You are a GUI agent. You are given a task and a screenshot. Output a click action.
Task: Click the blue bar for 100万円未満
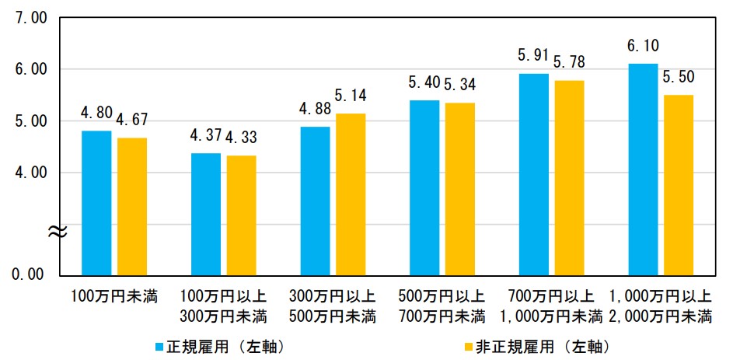tap(96, 202)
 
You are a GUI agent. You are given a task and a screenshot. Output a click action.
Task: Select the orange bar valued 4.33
tap(242, 215)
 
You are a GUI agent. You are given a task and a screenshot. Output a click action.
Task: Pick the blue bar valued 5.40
tap(424, 187)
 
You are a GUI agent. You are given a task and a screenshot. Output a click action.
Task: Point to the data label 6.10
tap(642, 44)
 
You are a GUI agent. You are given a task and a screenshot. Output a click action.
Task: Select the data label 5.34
tap(460, 83)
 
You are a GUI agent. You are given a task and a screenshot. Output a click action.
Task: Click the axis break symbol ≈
tap(58, 230)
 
